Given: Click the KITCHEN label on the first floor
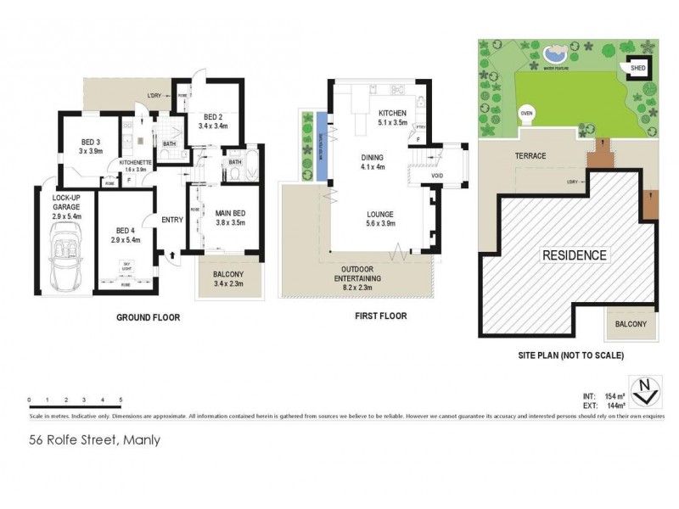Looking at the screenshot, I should pos(393,113).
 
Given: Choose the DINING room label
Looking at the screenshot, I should pos(372,157).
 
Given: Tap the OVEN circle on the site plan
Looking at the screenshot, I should pos(526,112).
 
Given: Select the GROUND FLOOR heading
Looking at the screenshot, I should pos(149,317).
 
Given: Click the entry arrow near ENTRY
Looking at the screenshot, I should pos(173,253).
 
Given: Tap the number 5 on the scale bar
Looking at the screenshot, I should pos(121,399).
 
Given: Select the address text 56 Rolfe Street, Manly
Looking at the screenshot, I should pos(94,440).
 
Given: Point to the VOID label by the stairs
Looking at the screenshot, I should pos(436,176).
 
